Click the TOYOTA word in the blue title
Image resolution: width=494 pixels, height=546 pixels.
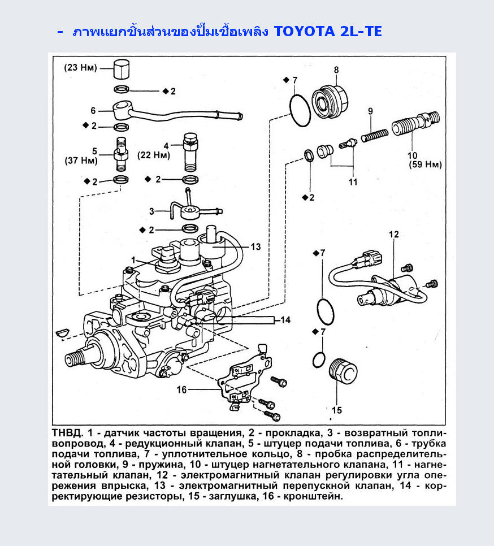click(x=305, y=31)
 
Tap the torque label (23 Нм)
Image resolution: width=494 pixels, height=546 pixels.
click(x=80, y=68)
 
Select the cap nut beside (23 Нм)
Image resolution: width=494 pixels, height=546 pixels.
click(x=121, y=70)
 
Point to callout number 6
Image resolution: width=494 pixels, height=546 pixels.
click(x=93, y=111)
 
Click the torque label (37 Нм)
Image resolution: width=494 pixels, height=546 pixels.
click(x=81, y=161)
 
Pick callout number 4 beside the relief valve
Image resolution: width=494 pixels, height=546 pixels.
click(x=166, y=146)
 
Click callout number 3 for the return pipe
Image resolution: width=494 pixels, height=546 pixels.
click(x=151, y=211)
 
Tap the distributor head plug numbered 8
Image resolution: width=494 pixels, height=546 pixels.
click(x=330, y=101)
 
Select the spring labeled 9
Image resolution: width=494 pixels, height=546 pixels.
click(x=374, y=135)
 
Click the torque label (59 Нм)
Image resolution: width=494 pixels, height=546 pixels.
click(x=426, y=164)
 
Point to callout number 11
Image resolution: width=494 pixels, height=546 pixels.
click(x=353, y=182)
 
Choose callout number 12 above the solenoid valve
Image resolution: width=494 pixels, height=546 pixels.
click(x=394, y=235)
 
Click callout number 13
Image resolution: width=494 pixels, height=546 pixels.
click(x=256, y=247)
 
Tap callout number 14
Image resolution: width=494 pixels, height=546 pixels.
click(x=285, y=320)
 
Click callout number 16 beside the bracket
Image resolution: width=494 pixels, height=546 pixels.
click(x=182, y=389)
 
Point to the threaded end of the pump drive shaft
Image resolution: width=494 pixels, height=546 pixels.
click(x=75, y=359)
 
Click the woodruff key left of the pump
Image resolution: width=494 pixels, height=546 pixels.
click(x=63, y=332)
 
